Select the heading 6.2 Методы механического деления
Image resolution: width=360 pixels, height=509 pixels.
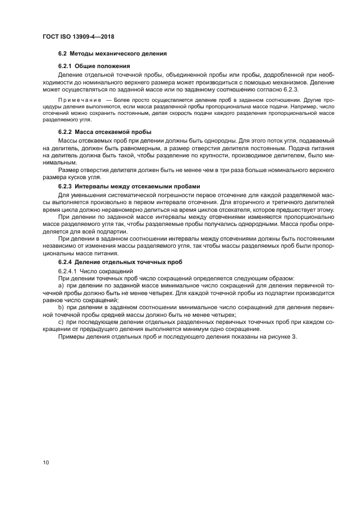click(x=112, y=54)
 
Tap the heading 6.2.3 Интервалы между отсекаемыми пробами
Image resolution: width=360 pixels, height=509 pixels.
click(x=125, y=186)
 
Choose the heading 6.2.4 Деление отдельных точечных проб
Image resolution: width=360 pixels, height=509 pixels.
click(x=120, y=261)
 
